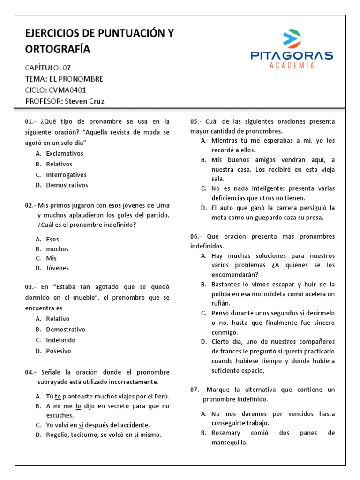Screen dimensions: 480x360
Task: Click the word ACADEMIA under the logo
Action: (292, 66)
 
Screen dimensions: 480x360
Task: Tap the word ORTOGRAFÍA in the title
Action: (58, 49)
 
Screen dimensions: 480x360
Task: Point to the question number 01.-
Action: (31, 121)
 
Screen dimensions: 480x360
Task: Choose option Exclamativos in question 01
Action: (65, 153)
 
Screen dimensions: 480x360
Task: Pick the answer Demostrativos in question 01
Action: (67, 185)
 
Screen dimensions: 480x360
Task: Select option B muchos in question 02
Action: (57, 249)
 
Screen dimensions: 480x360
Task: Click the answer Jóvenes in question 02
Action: (57, 268)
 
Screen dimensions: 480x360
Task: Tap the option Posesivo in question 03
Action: (59, 351)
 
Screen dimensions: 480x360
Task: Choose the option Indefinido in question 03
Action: (60, 340)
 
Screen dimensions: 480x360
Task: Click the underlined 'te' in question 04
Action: (58, 396)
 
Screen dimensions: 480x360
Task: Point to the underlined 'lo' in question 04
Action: (79, 406)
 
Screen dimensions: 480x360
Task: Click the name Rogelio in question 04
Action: (58, 435)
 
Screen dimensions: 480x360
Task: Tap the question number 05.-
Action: (196, 121)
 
